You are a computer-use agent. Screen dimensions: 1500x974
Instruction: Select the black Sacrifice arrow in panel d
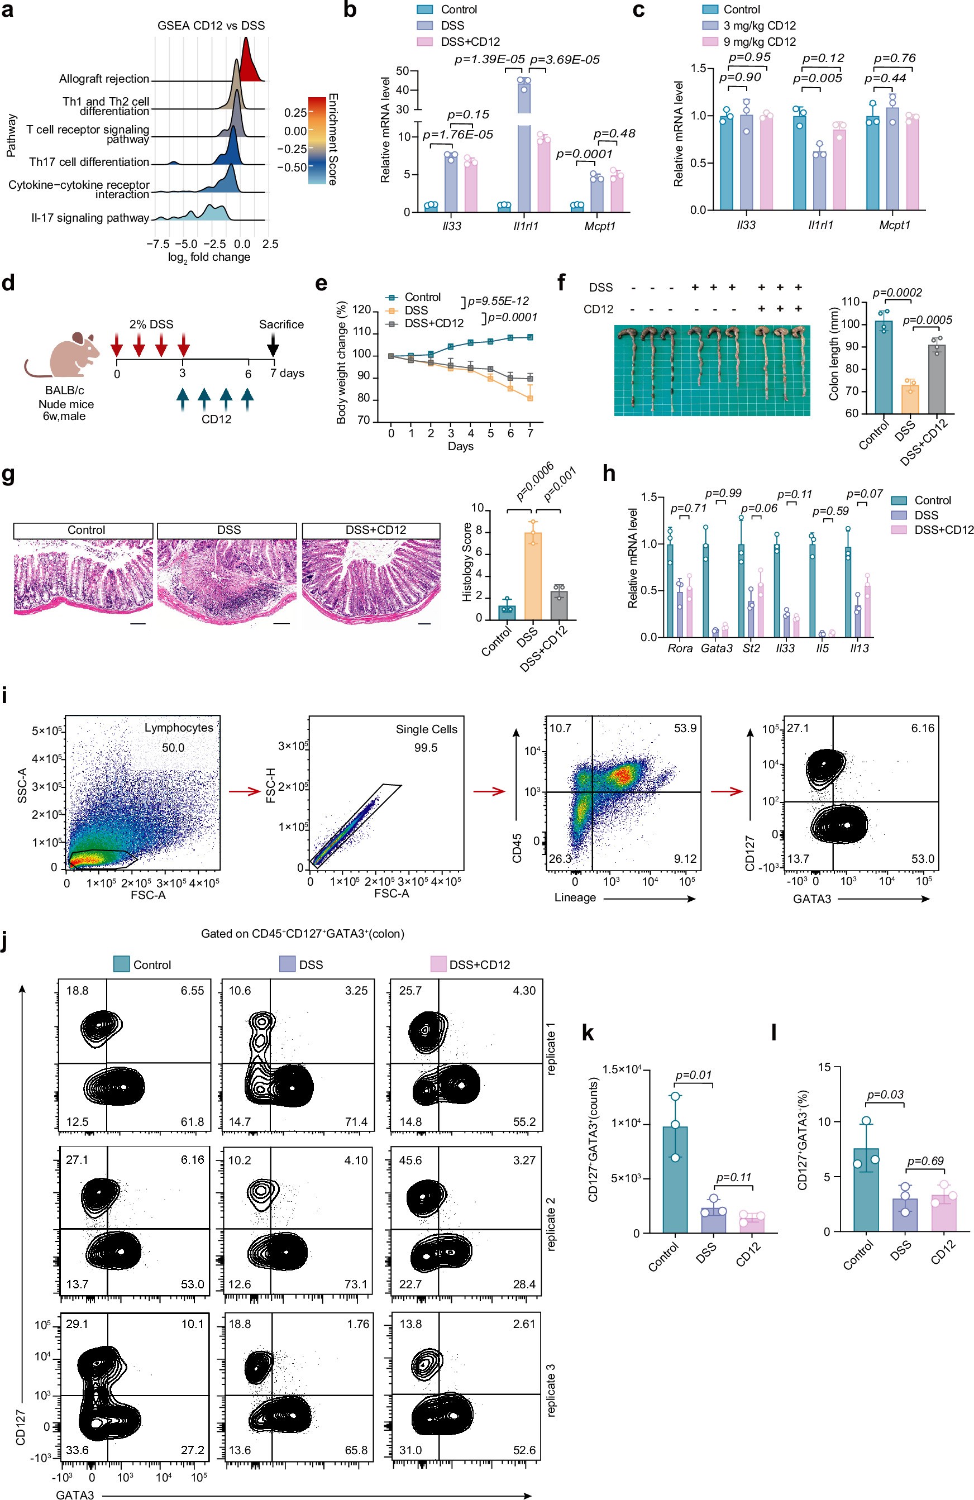pyautogui.click(x=273, y=345)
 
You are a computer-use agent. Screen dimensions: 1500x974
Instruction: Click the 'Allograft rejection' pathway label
pyautogui.click(x=104, y=79)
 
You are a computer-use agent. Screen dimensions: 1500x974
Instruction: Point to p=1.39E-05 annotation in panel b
pyautogui.click(x=490, y=60)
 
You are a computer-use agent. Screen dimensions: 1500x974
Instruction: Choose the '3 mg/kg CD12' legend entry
pyautogui.click(x=759, y=26)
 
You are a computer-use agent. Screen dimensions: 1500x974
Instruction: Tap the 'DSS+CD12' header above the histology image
pyautogui.click(x=375, y=530)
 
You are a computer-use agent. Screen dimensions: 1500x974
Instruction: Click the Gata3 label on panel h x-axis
pyautogui.click(x=716, y=648)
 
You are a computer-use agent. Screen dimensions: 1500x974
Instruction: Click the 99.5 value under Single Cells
pyautogui.click(x=426, y=747)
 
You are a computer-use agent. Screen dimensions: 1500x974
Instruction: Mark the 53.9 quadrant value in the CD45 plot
pyautogui.click(x=685, y=729)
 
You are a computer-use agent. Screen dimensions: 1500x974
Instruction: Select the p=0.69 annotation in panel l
pyautogui.click(x=925, y=1161)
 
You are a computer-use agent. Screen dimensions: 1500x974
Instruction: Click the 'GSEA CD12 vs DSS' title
pyautogui.click(x=211, y=26)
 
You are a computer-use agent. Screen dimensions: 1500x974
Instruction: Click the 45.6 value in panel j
pyautogui.click(x=410, y=1160)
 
